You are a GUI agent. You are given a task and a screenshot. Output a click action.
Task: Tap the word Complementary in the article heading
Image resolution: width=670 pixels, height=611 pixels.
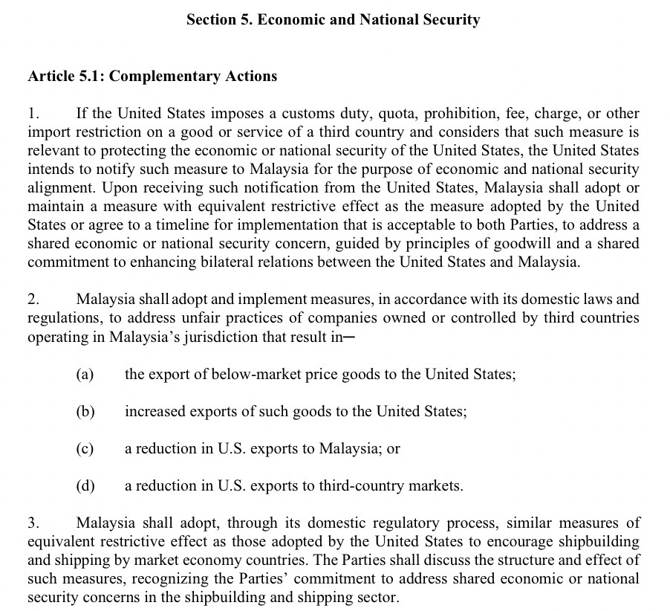click(156, 76)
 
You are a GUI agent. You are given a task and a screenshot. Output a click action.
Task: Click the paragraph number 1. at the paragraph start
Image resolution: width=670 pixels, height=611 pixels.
click(32, 114)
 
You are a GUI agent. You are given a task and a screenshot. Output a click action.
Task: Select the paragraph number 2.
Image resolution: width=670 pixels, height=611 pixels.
click(32, 300)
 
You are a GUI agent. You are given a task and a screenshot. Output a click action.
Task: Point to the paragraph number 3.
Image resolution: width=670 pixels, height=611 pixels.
click(32, 523)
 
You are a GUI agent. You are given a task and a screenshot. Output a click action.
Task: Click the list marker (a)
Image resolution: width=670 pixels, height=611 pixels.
click(85, 374)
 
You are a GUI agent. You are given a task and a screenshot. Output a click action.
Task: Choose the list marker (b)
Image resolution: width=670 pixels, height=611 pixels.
click(85, 411)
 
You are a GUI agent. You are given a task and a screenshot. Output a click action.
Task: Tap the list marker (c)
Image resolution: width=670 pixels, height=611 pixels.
click(85, 449)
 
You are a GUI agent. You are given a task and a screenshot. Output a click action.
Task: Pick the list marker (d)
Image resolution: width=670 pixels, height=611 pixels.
click(85, 486)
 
